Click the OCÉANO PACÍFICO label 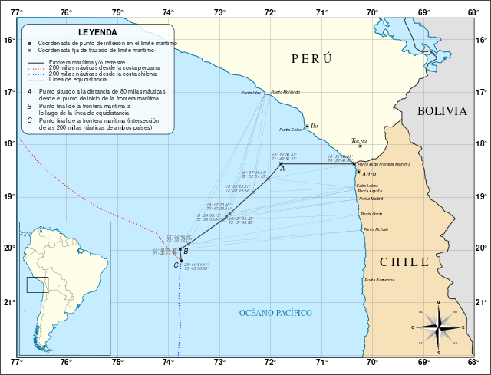pyautogui.click(x=275, y=313)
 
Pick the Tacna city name pyautogui.click(x=359, y=140)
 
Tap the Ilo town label pyautogui.click(x=314, y=126)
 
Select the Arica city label pyautogui.click(x=368, y=174)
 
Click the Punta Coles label pyautogui.click(x=290, y=130)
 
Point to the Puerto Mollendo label pyautogui.click(x=285, y=92)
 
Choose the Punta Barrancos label pyautogui.click(x=379, y=280)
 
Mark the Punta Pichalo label pyautogui.click(x=376, y=229)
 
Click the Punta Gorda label pyautogui.click(x=372, y=214)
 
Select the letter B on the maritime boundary pyautogui.click(x=186, y=252)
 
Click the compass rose pyautogui.click(x=438, y=327)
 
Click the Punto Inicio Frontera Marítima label pyautogui.click(x=384, y=164)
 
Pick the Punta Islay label pyautogui.click(x=251, y=93)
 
